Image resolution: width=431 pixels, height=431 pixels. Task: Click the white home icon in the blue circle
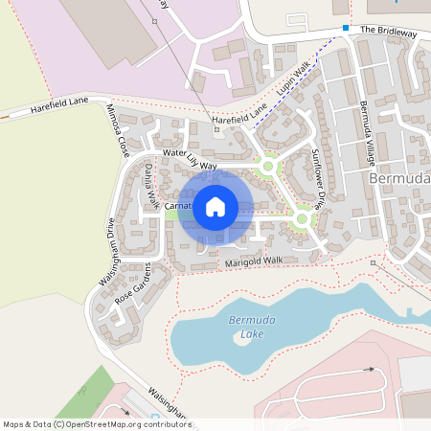[215, 206]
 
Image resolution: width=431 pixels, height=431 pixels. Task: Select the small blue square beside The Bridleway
[346, 28]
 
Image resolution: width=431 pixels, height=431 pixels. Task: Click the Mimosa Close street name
[118, 131]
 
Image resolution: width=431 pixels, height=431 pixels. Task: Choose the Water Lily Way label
[190, 159]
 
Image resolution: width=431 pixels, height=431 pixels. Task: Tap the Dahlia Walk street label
[151, 186]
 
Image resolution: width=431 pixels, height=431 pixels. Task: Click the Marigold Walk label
[254, 261]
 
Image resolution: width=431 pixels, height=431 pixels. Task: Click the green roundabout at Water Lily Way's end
[267, 168]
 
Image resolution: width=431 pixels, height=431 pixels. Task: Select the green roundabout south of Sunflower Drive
[303, 219]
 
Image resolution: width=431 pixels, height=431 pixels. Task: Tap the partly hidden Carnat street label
[179, 205]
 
